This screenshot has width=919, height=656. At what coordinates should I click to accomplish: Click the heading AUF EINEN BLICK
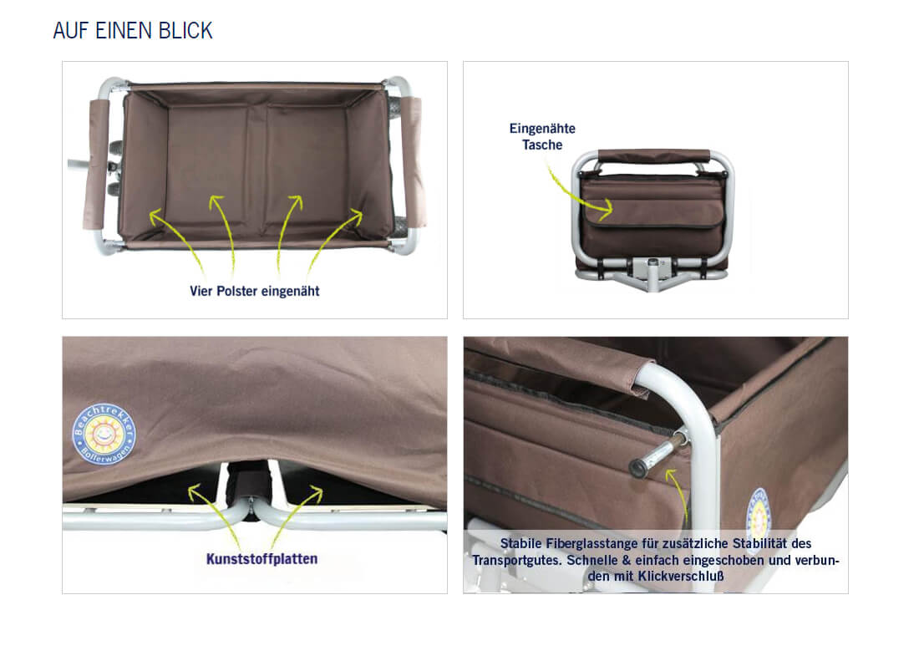point(133,30)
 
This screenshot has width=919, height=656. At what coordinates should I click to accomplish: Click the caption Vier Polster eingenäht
point(254,292)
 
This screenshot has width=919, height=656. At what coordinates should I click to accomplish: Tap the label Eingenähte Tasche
point(542,136)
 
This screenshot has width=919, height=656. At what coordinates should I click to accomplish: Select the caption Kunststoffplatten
point(261,559)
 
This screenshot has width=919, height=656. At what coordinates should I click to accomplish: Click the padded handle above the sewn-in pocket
point(653,156)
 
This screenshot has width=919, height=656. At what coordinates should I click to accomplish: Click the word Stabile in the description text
point(520,543)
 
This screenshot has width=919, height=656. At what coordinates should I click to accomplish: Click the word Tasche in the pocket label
point(542,145)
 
